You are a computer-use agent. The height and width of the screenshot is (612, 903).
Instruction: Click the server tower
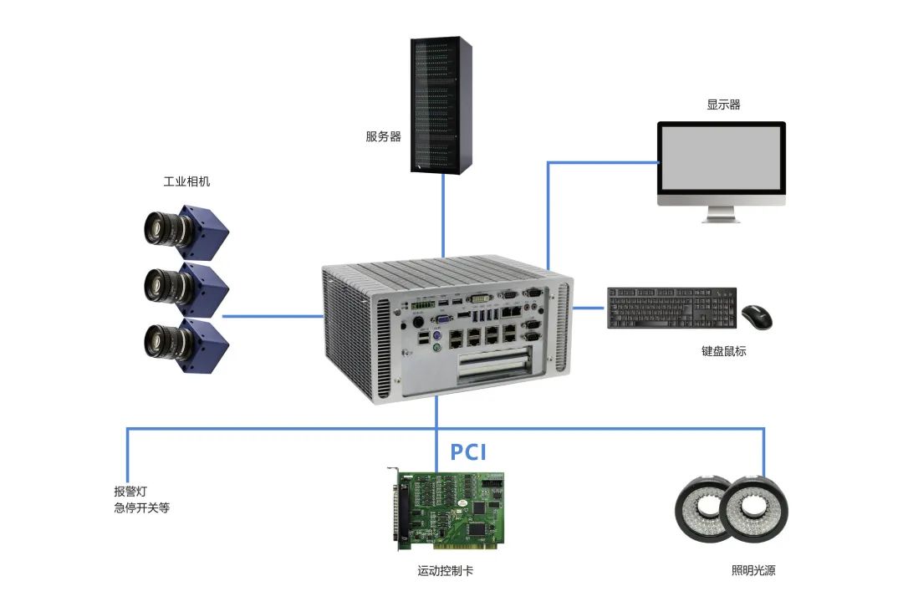coord(441,105)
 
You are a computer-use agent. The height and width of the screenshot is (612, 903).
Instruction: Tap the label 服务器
coord(383,136)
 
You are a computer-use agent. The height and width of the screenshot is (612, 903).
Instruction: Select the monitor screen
coord(721,158)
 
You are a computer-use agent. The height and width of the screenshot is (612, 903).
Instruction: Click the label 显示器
coord(723,105)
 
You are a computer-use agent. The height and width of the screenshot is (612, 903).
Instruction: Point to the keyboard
coord(672,308)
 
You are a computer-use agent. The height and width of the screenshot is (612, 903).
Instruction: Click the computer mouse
coord(757,316)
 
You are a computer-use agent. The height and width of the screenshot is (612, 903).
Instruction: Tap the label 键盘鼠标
coord(723,351)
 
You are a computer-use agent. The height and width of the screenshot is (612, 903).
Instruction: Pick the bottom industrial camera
coord(184,341)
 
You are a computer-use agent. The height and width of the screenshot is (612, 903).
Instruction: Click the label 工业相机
coord(186,181)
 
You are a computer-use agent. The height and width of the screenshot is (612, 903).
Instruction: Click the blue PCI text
coord(468,452)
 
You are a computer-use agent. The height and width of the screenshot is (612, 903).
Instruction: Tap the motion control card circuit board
coord(450,510)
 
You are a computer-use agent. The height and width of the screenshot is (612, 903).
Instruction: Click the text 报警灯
coord(130,492)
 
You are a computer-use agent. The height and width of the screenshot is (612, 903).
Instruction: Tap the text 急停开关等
coord(141,507)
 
